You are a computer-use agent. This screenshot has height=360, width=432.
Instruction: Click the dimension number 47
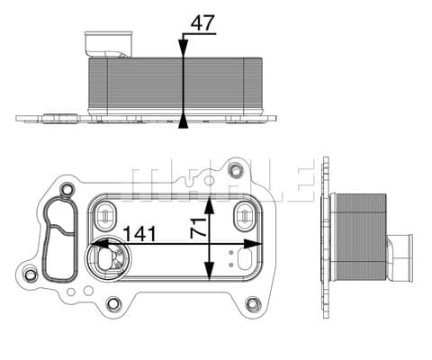click(x=203, y=22)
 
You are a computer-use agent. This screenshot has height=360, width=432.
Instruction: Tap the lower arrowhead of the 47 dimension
click(x=184, y=118)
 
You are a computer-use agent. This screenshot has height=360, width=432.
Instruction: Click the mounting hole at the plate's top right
click(x=236, y=170)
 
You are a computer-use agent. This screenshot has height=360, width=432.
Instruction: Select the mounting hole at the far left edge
click(x=31, y=274)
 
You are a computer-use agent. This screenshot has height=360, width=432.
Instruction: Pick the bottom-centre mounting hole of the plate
click(x=113, y=303)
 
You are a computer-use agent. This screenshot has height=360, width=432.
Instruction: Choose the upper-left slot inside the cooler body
click(x=106, y=215)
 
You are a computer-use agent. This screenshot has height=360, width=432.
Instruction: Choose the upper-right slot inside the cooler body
click(x=243, y=215)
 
